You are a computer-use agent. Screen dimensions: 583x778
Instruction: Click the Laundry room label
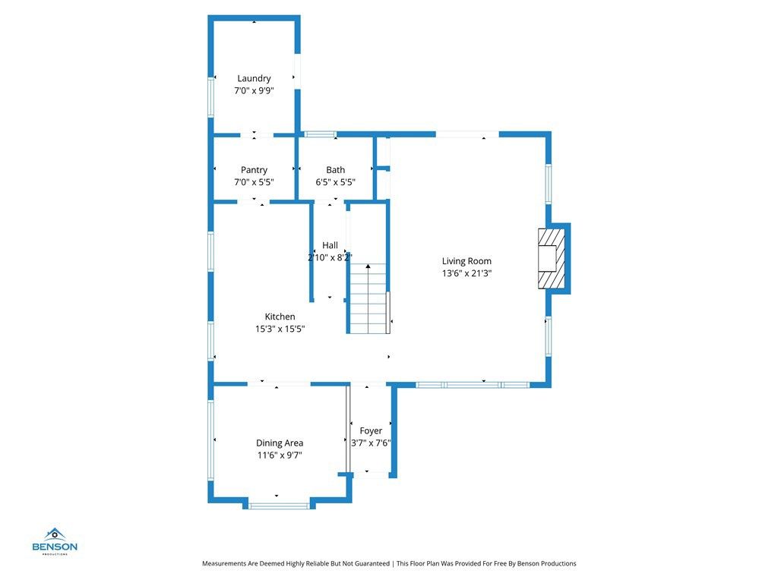click(x=254, y=78)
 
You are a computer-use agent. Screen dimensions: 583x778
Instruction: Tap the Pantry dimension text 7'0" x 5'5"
click(x=254, y=182)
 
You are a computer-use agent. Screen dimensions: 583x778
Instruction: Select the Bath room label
click(x=335, y=170)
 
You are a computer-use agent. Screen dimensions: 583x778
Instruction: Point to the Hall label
click(x=330, y=245)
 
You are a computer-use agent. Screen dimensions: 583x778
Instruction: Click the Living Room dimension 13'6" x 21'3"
click(x=466, y=273)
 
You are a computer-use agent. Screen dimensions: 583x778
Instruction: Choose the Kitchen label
click(x=280, y=317)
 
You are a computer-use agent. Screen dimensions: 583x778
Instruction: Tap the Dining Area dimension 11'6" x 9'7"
click(x=280, y=455)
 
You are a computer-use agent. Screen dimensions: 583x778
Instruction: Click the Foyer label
click(x=371, y=431)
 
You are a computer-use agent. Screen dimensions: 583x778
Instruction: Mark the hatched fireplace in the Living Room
click(x=552, y=259)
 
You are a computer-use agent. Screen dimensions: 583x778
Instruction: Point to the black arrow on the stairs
click(x=368, y=267)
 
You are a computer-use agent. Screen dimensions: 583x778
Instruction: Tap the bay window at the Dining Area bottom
click(x=279, y=506)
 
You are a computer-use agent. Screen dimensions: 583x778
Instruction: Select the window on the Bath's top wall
click(x=320, y=134)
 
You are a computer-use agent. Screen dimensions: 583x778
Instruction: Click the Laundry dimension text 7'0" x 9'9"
click(x=254, y=90)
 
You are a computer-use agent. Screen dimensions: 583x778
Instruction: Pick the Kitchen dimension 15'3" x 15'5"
click(x=280, y=329)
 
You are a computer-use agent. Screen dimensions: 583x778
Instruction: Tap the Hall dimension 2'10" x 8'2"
click(x=330, y=257)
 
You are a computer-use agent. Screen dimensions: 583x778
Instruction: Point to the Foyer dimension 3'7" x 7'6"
click(x=371, y=443)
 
